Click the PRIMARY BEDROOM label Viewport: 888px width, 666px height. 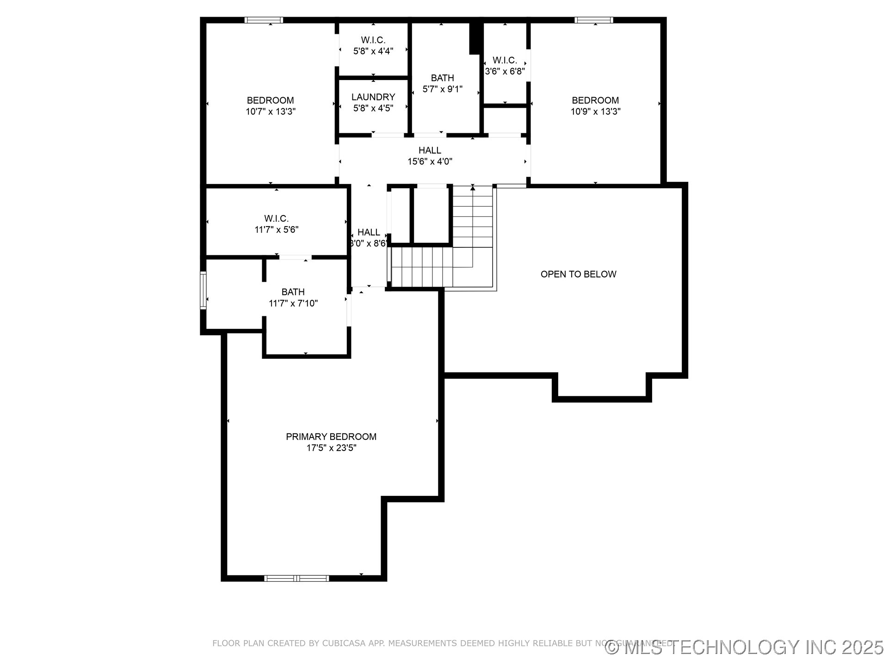click(x=331, y=437)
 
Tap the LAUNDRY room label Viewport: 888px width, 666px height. click(x=373, y=97)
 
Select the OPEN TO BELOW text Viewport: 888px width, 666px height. click(x=578, y=274)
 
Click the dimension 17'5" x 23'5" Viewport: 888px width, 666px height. click(x=331, y=448)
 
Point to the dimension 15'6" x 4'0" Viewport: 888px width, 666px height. click(x=430, y=162)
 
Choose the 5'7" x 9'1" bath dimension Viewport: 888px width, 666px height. click(x=443, y=89)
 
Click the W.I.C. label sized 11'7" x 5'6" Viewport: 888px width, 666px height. click(x=277, y=218)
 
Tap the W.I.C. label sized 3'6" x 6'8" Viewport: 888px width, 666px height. click(x=505, y=60)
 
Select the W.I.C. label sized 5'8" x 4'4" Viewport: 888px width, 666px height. click(x=373, y=40)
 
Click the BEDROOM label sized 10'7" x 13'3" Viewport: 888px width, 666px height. click(x=270, y=100)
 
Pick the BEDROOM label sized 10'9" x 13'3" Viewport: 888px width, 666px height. click(x=595, y=100)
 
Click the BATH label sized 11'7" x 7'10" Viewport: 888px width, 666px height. click(x=293, y=292)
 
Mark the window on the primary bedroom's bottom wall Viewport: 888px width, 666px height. click(x=296, y=578)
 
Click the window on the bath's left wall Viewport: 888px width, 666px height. click(x=203, y=290)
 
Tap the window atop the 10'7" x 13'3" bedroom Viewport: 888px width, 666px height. click(x=264, y=20)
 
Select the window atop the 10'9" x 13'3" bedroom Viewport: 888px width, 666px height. click(x=594, y=20)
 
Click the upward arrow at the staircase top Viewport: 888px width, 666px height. click(x=473, y=187)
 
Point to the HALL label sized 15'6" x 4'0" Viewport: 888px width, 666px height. click(x=430, y=150)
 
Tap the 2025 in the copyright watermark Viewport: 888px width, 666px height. click(x=863, y=647)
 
